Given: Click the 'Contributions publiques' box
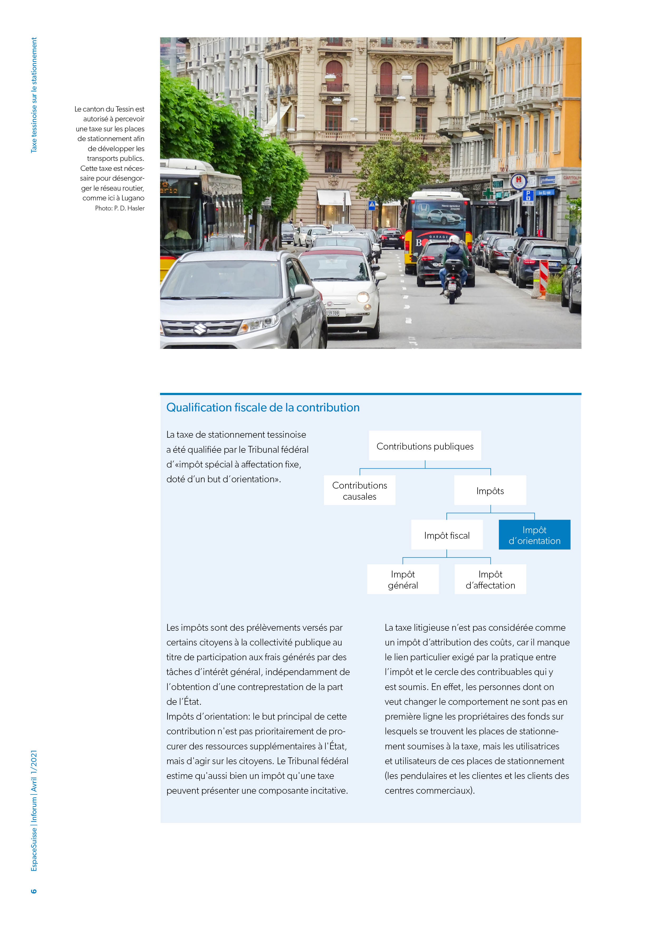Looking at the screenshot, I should [x=425, y=446].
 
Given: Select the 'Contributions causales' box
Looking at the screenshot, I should [x=359, y=490].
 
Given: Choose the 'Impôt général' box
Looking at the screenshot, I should [x=403, y=579].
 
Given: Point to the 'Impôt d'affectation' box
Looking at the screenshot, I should [x=490, y=579].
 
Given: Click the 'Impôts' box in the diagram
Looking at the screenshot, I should [x=490, y=490].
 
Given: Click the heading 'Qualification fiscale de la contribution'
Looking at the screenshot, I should [x=263, y=407].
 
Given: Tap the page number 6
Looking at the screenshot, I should [x=34, y=891].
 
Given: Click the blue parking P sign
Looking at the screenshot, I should [x=528, y=196].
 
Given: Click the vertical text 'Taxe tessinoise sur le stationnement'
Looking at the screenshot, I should [x=34, y=95].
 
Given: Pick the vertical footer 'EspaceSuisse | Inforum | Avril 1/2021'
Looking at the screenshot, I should [x=34, y=811].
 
